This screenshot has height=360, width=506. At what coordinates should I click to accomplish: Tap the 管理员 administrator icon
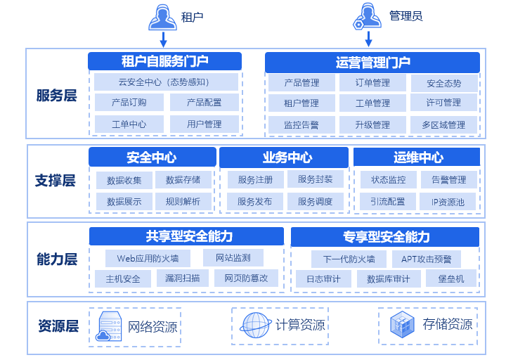point(368,17)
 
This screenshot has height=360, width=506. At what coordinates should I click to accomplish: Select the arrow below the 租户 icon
point(163,39)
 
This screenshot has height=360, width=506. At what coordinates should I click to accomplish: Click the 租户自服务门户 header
point(164,61)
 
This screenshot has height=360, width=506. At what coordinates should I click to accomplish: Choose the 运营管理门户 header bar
point(372,63)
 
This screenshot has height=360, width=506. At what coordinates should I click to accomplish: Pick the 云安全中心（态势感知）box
point(164,82)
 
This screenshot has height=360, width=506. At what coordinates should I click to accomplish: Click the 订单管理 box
point(372,83)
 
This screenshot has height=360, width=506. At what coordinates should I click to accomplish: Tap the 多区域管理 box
point(443,125)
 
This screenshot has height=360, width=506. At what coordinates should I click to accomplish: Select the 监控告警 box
point(301,125)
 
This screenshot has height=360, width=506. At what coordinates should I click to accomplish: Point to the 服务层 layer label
point(56,95)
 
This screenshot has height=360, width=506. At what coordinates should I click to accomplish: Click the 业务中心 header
point(287,157)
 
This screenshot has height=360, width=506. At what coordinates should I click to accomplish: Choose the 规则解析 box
point(183,202)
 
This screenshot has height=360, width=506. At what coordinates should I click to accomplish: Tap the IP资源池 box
point(448,202)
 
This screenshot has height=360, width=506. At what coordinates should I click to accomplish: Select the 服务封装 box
point(316,179)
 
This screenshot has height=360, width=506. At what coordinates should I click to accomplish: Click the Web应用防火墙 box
point(148,258)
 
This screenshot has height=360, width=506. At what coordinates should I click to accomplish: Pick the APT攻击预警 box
point(427,259)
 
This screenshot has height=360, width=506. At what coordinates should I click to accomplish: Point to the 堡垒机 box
point(450,278)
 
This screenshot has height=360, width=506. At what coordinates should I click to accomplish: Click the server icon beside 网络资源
point(109,326)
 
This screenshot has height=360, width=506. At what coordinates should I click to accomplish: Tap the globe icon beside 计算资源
point(256,325)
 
